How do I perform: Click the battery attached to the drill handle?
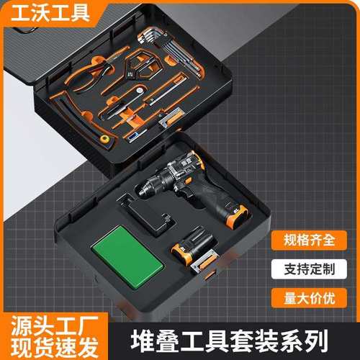coord(236,213)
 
